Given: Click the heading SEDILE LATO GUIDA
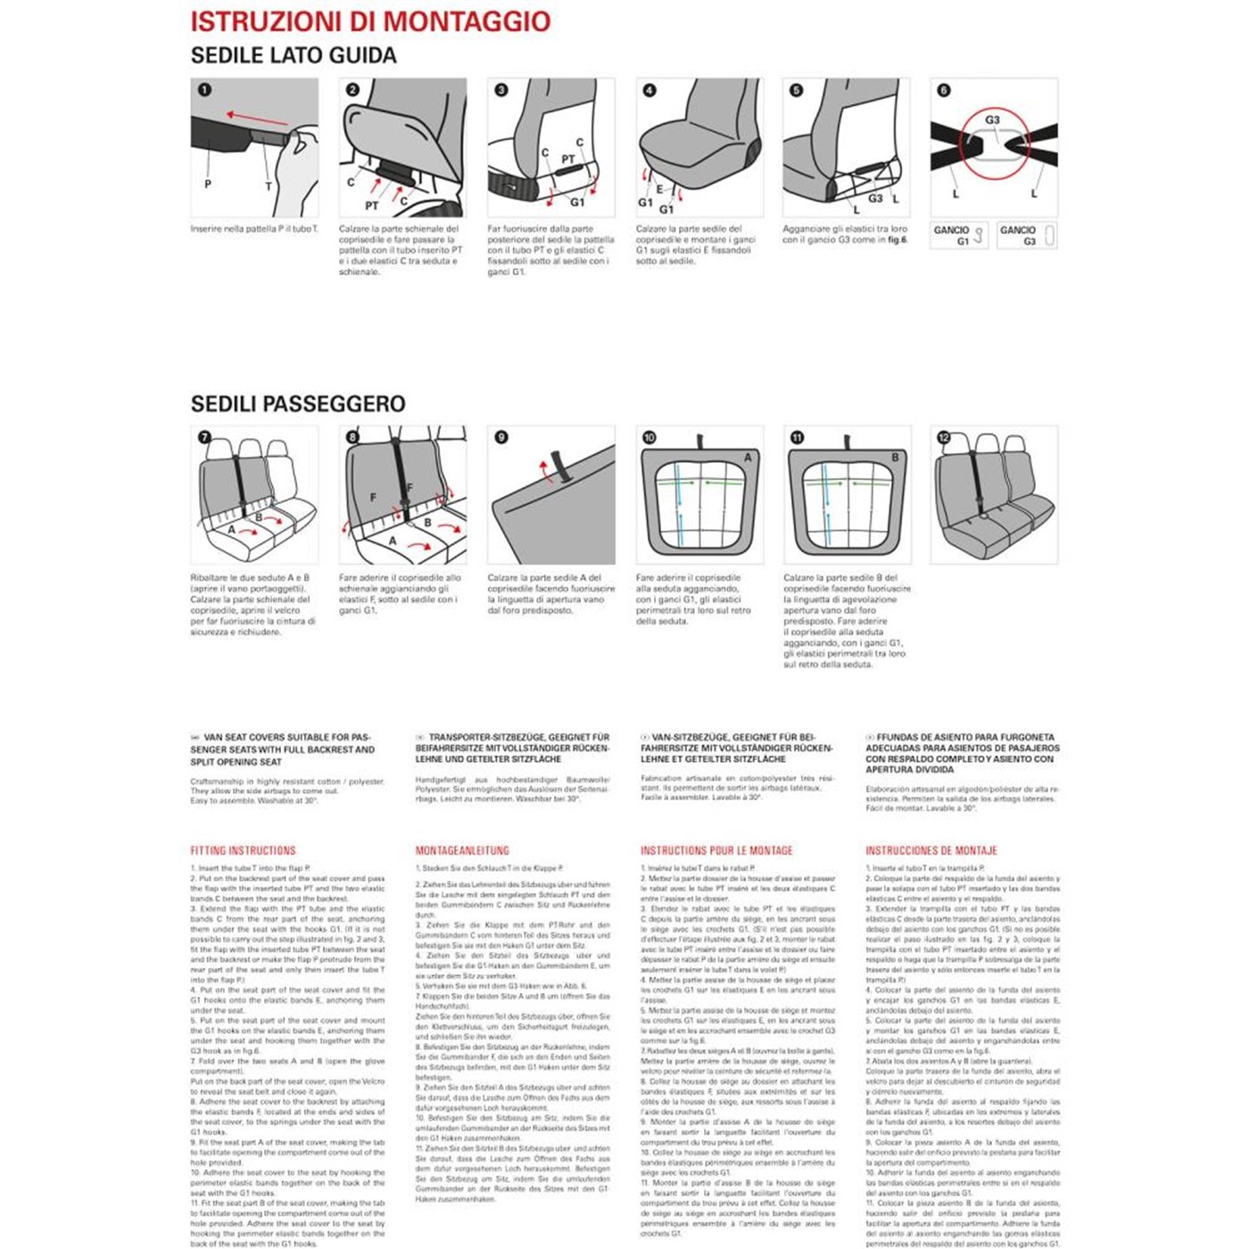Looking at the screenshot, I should click(294, 55).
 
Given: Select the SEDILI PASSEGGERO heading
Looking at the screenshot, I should click(298, 404).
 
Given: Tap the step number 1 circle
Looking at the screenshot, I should click(204, 90).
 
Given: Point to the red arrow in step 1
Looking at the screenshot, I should click(256, 118).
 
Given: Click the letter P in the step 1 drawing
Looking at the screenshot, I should click(208, 184).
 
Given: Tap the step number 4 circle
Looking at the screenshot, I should click(649, 90).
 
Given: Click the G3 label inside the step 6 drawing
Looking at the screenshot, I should click(992, 120).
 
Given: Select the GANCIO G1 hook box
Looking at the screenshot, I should click(958, 236).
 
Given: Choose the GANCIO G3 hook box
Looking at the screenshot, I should click(1026, 236).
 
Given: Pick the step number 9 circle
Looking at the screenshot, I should click(501, 437).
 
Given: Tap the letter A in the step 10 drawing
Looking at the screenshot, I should click(748, 457).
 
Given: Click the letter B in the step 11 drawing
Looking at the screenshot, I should click(895, 457).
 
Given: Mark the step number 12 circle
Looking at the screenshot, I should click(944, 437).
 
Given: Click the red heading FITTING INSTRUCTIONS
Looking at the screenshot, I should click(243, 851).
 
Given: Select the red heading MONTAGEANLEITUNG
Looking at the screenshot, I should click(462, 851).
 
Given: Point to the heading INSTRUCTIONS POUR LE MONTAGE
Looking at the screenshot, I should click(716, 851).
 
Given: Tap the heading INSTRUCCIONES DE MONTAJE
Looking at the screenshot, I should click(931, 851).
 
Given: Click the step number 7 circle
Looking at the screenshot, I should click(204, 437).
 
